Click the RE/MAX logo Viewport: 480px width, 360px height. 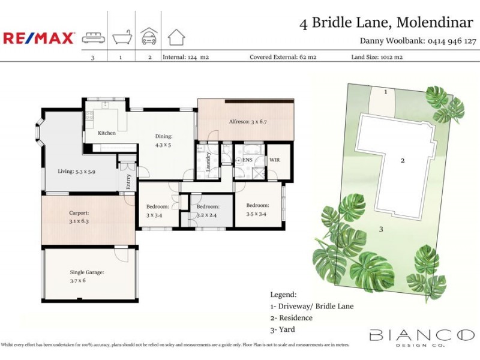pos(39,38)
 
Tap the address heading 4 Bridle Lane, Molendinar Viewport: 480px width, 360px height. pos(386,23)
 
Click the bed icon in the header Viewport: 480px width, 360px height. pos(93,37)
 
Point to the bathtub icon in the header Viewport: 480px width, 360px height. pos(122,37)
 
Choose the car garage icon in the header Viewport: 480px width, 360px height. pos(148,37)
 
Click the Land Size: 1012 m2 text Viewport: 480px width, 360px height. pos(377,58)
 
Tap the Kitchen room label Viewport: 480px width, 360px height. pos(107,133)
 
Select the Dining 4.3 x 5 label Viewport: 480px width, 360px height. pos(164,140)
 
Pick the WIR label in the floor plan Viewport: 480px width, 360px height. pos(275,160)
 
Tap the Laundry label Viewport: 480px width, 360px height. pos(208,162)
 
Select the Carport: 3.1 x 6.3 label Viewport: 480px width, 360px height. pos(79,217)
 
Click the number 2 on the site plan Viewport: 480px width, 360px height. pos(403,160)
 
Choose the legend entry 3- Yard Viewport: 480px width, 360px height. pos(283,329)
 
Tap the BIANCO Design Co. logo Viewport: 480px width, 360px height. pos(421,337)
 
